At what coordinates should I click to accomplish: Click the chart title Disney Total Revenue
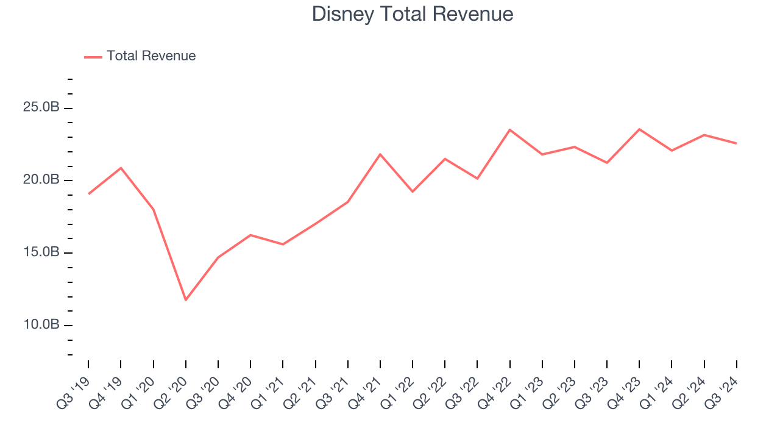413,13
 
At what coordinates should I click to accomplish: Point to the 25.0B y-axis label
42,108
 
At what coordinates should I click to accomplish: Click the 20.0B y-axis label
42,180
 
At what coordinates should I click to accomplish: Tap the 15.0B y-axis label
42,252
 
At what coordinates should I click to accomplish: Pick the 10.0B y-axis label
42,324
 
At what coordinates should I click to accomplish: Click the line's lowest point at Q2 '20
185,300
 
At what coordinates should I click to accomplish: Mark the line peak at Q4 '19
121,168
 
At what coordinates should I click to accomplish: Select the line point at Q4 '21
380,154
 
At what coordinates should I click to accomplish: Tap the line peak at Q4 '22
510,130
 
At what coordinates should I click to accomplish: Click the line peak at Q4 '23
639,129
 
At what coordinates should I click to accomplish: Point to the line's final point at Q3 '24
736,143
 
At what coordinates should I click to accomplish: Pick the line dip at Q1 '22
413,191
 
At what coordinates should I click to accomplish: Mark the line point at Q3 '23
607,163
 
